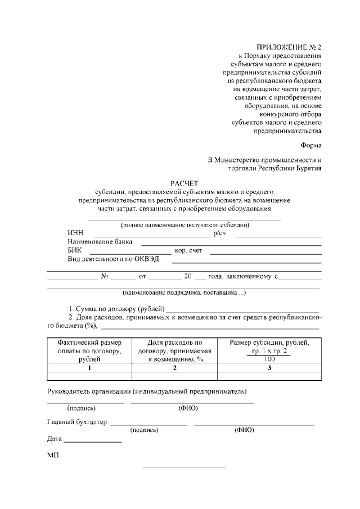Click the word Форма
(310, 145)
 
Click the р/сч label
(219, 233)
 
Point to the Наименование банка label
(100, 242)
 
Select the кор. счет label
(188, 251)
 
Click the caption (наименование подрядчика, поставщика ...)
(184, 293)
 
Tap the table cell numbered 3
(269, 368)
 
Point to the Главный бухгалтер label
(76, 422)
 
